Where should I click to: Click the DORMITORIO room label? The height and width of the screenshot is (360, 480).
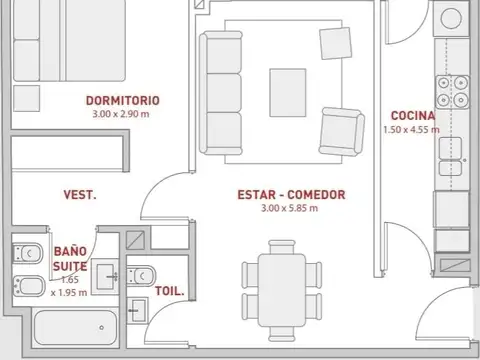[123, 100]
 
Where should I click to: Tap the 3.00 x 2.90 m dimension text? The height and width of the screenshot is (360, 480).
[121, 114]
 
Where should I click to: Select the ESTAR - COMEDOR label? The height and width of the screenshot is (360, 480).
[291, 195]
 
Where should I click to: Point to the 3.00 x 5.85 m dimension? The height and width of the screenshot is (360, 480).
[289, 208]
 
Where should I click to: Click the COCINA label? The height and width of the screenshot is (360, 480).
[413, 116]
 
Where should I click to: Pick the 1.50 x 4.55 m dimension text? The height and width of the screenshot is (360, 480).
[411, 130]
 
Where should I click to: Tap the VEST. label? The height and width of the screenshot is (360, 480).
[80, 195]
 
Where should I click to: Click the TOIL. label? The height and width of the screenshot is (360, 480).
[170, 291]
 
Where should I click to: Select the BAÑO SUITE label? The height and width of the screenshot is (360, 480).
[70, 259]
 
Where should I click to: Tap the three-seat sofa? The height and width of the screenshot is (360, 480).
[221, 93]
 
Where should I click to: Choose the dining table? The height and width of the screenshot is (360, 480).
[282, 290]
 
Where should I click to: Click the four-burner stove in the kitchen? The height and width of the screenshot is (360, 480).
[452, 92]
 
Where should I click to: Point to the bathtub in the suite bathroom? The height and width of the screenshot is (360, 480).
[76, 328]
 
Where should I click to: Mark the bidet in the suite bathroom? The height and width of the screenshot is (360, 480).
[29, 287]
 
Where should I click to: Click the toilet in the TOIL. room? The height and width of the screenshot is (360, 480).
[141, 276]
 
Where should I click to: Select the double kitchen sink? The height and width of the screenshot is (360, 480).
[450, 157]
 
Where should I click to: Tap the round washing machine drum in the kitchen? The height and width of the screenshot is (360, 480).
[451, 18]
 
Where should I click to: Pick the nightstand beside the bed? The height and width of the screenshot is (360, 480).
[27, 98]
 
